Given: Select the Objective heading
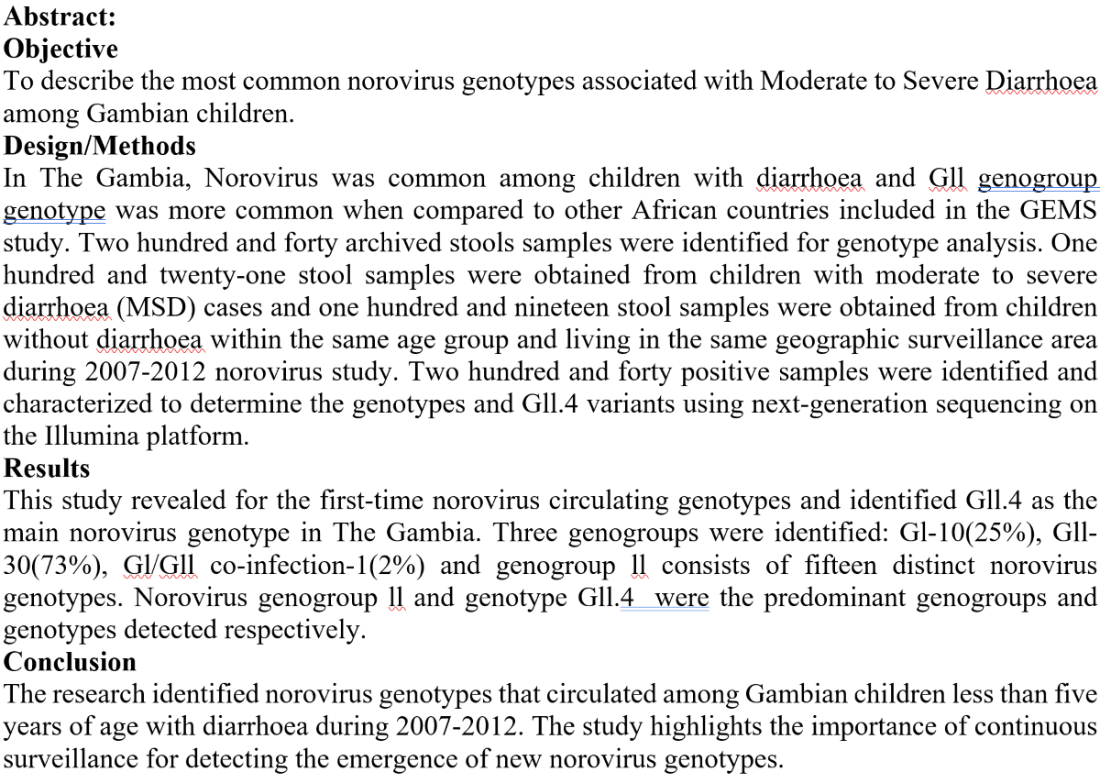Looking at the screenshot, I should coord(60,48).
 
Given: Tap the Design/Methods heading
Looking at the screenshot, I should coord(100,145).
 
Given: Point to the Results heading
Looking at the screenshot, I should coord(47,468).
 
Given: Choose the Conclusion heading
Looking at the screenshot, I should coord(70,661).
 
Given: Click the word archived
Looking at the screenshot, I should coord(315,242).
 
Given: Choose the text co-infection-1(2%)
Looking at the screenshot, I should coord(323,565).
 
